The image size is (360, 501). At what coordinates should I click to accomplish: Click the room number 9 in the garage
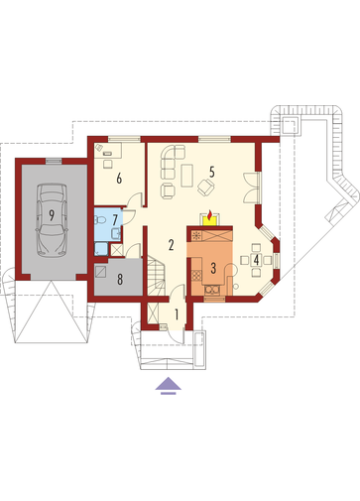pyautogui.click(x=52, y=215)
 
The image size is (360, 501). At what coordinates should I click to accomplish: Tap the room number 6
pyautogui.click(x=119, y=179)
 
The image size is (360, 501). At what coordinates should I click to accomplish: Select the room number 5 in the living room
pyautogui.click(x=212, y=172)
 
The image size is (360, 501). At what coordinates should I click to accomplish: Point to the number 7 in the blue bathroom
pyautogui.click(x=115, y=219)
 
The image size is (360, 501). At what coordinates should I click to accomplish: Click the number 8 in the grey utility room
pyautogui.click(x=120, y=280)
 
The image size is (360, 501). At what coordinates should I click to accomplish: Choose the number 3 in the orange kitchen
pyautogui.click(x=213, y=268)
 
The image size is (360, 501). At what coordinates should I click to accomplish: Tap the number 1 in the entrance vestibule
pyautogui.click(x=177, y=314)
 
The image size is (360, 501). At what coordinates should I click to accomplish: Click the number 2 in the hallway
pyautogui.click(x=171, y=245)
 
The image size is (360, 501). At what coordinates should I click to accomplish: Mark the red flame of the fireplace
pyautogui.click(x=209, y=216)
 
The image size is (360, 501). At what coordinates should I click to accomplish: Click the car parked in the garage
pyautogui.click(x=52, y=220)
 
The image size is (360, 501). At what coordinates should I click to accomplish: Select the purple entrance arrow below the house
pyautogui.click(x=169, y=386)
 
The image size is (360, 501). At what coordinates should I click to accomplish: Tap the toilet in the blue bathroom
pyautogui.click(x=100, y=219)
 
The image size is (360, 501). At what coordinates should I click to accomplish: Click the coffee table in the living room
pyautogui.click(x=187, y=176)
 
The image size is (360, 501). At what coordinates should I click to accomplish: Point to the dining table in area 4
pyautogui.click(x=256, y=260)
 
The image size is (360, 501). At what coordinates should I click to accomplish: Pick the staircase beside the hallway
pyautogui.click(x=156, y=276)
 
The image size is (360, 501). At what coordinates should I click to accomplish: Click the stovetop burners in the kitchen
pyautogui.click(x=196, y=275)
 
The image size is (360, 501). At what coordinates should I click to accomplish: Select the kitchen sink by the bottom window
pyautogui.click(x=212, y=290)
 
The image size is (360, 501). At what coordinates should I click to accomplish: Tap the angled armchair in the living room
pyautogui.click(x=206, y=187)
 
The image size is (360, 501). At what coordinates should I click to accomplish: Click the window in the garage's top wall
pyautogui.click(x=53, y=161)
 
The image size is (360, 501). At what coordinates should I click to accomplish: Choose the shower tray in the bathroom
pyautogui.click(x=101, y=249)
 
